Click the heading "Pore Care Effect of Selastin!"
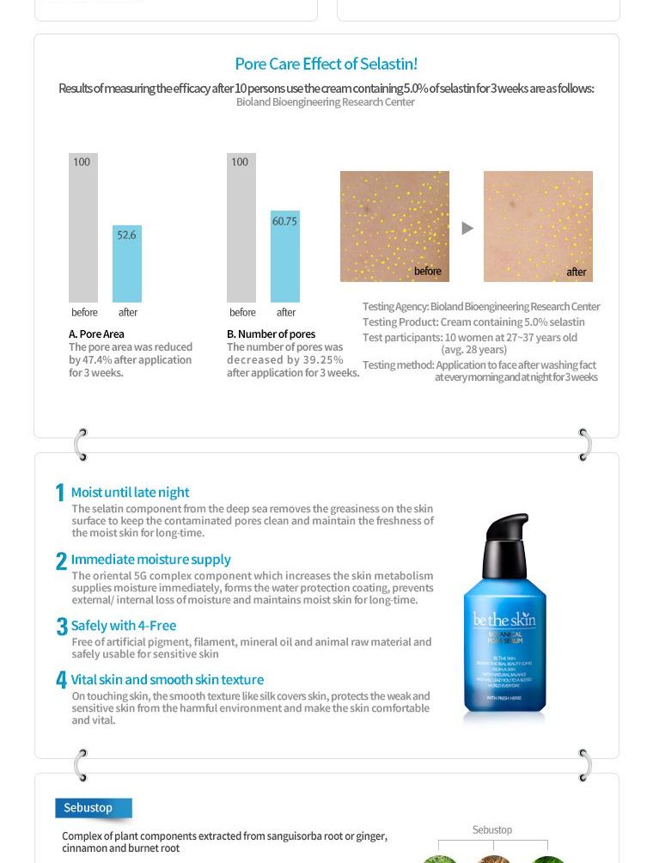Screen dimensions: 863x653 coord(326,64)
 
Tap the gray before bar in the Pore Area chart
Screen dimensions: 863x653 coord(83,228)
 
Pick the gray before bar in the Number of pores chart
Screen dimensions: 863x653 coord(241,228)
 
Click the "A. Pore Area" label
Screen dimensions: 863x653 coord(96,334)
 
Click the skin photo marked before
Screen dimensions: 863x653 coord(394,226)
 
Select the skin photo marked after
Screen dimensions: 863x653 coord(538,226)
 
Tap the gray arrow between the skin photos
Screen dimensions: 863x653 coord(467,228)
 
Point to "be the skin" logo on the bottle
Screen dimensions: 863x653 coord(503,620)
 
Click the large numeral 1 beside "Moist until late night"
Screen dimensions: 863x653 coord(60,493)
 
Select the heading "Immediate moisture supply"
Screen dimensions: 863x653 coord(150,559)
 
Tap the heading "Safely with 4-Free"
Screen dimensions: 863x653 coord(123,625)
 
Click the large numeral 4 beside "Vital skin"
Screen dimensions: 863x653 coord(61,680)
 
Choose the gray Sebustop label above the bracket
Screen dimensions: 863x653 coord(492,829)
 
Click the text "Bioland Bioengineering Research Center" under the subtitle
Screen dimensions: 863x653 coord(325,101)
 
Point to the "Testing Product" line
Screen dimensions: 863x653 coord(473,321)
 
